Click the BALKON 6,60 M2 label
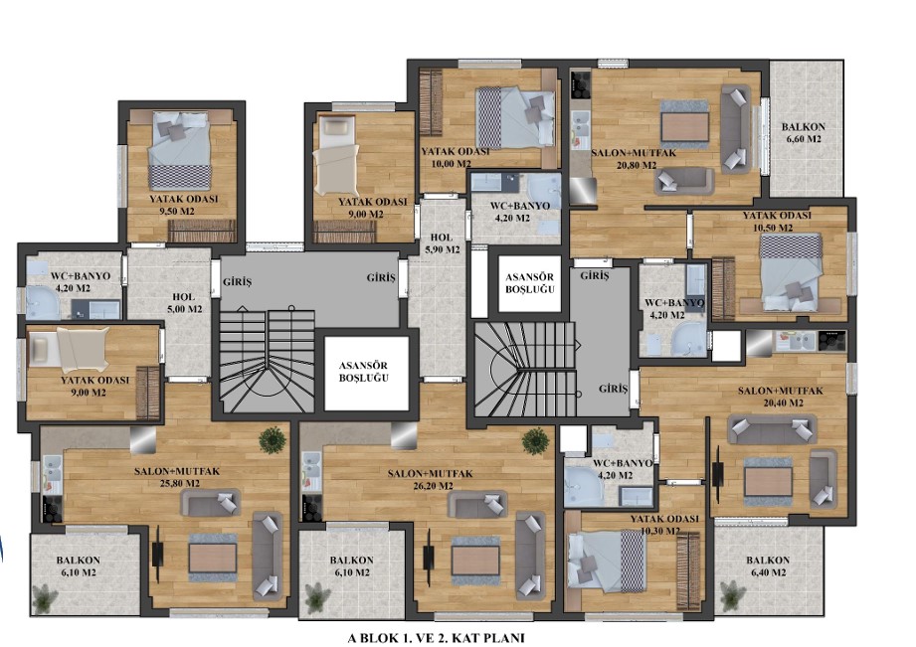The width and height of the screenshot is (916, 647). pyautogui.click(x=804, y=132)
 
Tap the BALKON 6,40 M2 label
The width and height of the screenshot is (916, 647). pyautogui.click(x=767, y=566)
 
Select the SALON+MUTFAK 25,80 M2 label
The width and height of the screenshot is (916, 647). pyautogui.click(x=177, y=476)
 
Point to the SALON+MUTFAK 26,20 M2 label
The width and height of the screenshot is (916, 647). pyautogui.click(x=430, y=479)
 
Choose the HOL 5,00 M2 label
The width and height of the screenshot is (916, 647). pyautogui.click(x=184, y=302)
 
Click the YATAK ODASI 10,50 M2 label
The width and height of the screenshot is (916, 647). pyautogui.click(x=777, y=221)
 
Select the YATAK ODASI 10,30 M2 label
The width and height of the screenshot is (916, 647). pyautogui.click(x=664, y=525)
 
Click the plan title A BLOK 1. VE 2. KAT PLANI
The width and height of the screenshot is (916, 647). pyautogui.click(x=436, y=638)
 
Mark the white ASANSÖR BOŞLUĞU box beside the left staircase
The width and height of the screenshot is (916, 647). pyautogui.click(x=366, y=373)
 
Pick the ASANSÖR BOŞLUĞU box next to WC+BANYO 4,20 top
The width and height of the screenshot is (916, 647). pyautogui.click(x=530, y=283)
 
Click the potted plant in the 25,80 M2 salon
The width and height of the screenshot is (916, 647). pyautogui.click(x=273, y=440)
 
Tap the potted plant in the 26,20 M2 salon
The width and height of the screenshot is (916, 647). pyautogui.click(x=535, y=440)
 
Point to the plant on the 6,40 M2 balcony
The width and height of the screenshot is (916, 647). pyautogui.click(x=731, y=595)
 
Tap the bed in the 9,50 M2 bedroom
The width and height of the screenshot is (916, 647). pyautogui.click(x=179, y=149)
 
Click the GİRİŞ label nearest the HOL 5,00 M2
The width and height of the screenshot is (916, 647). pyautogui.click(x=237, y=282)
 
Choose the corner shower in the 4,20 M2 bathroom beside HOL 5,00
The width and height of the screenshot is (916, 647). pyautogui.click(x=43, y=302)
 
